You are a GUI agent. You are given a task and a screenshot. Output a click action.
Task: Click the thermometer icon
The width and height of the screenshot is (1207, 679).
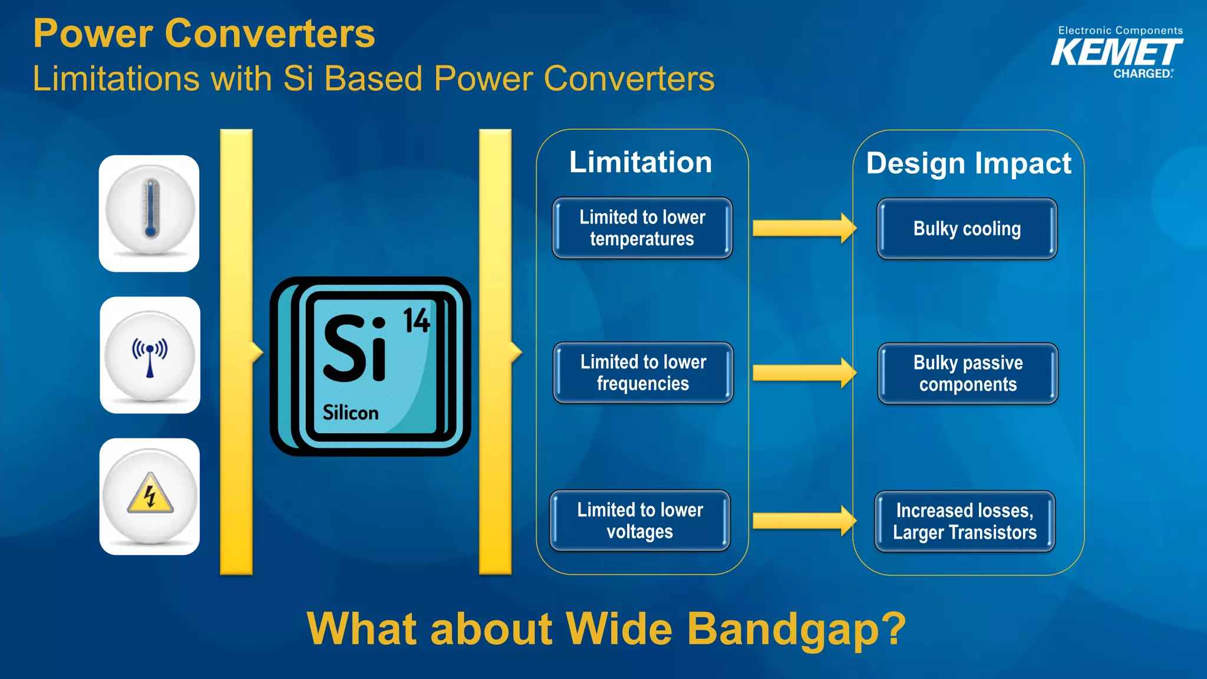(150, 210)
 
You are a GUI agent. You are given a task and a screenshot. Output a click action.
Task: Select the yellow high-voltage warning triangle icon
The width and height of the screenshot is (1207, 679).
(150, 494)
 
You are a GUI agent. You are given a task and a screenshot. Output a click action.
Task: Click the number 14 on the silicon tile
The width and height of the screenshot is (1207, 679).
(416, 321)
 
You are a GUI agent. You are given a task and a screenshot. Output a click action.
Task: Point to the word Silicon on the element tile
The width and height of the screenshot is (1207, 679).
(350, 413)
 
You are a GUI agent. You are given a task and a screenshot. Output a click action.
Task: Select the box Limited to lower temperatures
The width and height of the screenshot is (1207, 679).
(642, 228)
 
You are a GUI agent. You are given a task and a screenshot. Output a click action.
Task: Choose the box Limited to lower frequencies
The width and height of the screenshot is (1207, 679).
(643, 373)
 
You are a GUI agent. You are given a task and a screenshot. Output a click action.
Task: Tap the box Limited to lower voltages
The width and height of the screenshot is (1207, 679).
(640, 520)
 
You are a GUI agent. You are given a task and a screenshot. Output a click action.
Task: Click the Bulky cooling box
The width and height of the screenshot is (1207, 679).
(967, 229)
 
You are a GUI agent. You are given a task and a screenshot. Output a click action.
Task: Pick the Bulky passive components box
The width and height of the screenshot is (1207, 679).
(968, 373)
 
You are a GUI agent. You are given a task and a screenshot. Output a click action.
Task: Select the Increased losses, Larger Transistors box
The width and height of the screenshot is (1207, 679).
(965, 522)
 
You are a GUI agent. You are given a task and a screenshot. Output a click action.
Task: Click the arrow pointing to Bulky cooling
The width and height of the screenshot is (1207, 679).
(804, 228)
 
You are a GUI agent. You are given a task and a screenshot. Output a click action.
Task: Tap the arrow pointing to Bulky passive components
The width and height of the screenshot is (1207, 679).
(804, 373)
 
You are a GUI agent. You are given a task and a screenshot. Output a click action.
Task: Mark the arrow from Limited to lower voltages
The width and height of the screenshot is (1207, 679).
(804, 520)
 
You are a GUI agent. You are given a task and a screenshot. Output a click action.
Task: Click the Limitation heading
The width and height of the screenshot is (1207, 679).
(641, 162)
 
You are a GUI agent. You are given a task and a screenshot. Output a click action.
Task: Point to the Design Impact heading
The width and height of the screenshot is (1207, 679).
(968, 163)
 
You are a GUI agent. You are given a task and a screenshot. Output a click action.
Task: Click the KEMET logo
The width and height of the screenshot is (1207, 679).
(1117, 54)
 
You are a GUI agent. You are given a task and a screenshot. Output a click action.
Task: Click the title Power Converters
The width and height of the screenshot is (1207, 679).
(204, 34)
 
